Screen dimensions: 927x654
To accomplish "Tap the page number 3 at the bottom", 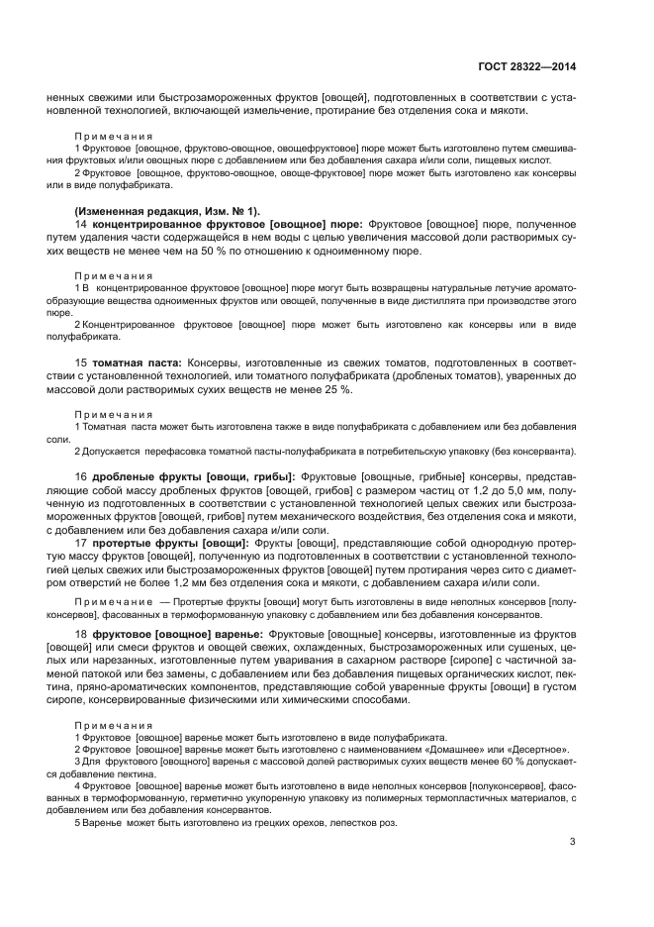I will pyautogui.click(x=572, y=842).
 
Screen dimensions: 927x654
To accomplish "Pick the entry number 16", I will pyautogui.click(x=81, y=476).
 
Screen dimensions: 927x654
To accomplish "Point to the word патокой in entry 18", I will pyautogui.click(x=119, y=671).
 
